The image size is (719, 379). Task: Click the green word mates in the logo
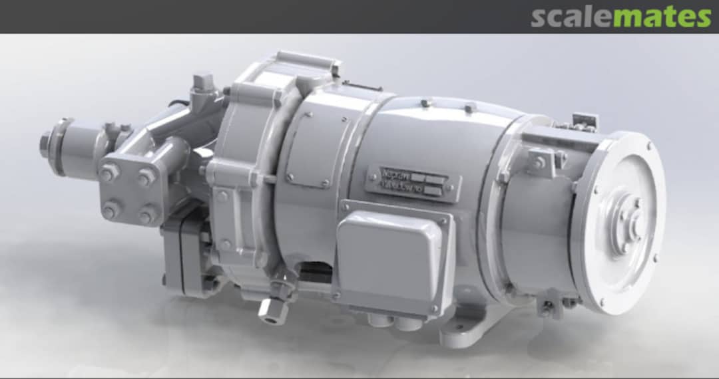click(x=662, y=17)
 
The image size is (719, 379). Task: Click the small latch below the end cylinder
click(x=548, y=306)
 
